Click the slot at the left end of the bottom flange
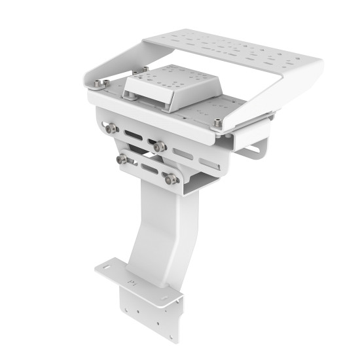106,268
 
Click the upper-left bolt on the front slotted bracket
112,128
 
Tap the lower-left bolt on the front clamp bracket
122,159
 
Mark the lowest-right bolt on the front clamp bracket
171,178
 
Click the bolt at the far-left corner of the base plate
98,84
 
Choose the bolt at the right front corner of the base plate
217,122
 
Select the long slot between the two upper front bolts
133,135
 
